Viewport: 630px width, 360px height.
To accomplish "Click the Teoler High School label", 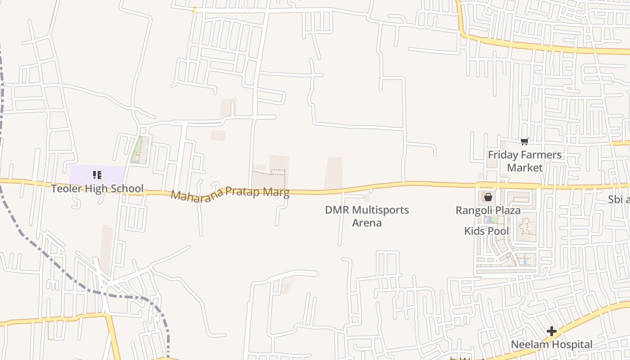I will [97, 189].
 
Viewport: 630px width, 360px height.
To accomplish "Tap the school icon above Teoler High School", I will [97, 175].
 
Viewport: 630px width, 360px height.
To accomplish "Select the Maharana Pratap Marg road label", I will [230, 194].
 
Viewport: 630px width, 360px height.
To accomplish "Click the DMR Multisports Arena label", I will [367, 216].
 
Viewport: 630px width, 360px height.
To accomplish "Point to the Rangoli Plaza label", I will [488, 210].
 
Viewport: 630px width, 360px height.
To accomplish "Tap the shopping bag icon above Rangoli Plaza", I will [488, 197].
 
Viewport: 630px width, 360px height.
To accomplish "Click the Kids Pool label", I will [486, 231].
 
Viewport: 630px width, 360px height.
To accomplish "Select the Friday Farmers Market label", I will [525, 161].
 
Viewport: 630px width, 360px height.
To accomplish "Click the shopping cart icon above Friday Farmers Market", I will [524, 142].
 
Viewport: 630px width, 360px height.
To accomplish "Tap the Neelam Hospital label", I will [551, 345].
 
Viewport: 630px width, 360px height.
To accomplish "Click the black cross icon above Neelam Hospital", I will [551, 332].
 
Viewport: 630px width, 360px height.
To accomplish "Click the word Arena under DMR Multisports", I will [367, 223].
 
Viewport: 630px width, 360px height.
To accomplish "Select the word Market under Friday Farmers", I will [525, 167].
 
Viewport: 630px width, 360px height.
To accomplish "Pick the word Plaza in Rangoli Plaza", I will [507, 210].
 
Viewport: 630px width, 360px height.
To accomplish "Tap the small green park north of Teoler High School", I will [138, 150].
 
